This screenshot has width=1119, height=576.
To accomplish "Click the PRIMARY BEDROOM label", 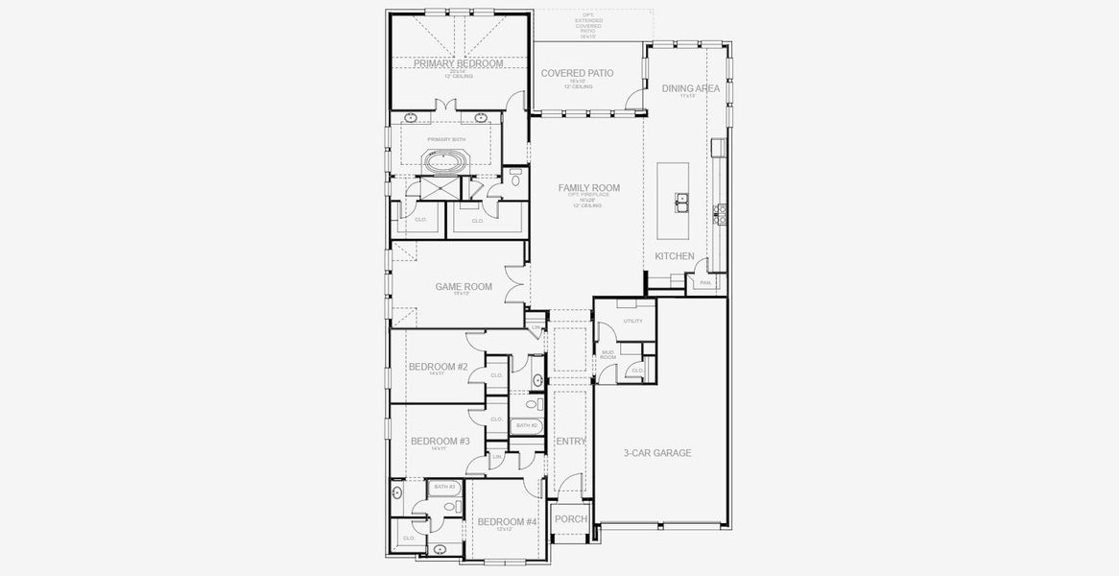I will (x=458, y=63).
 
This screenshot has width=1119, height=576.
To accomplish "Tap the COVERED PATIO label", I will (x=577, y=73).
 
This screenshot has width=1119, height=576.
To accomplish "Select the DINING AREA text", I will (x=690, y=88).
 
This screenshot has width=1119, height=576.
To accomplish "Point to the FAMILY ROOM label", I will (x=588, y=188).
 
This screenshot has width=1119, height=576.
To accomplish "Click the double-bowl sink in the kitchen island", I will (x=682, y=203).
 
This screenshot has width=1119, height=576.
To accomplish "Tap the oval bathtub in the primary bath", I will (x=443, y=163).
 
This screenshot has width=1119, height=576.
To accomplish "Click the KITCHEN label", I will (x=675, y=256).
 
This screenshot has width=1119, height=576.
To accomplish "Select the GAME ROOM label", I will (x=464, y=286).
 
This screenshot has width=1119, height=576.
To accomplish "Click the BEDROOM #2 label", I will (x=438, y=367).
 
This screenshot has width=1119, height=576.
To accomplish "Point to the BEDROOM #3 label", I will (x=439, y=442).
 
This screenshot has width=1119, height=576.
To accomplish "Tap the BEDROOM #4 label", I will (x=507, y=522).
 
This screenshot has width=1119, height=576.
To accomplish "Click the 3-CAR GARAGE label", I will (x=657, y=453).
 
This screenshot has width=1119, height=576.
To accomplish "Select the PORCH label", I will (x=571, y=519).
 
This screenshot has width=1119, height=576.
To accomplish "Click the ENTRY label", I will (x=570, y=442).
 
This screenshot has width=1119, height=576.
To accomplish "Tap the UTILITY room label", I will (x=632, y=321).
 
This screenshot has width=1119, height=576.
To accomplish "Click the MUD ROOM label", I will (x=607, y=355).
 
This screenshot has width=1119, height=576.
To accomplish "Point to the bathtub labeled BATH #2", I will (x=527, y=425).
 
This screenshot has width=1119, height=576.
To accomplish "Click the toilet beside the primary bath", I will (x=515, y=179).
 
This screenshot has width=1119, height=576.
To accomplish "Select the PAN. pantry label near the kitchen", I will (x=705, y=282).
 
